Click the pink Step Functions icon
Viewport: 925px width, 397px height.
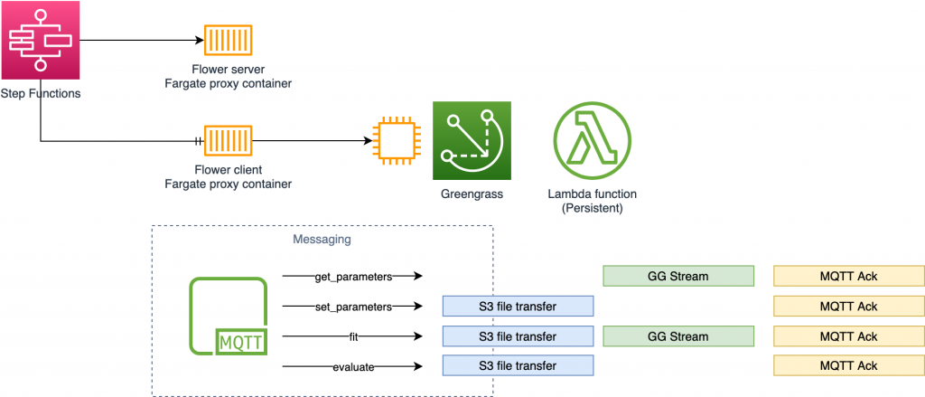[x=41, y=40]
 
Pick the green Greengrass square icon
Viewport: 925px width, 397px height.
[x=472, y=140]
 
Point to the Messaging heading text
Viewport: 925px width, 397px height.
[x=322, y=240]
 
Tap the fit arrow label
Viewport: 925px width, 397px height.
[x=353, y=336]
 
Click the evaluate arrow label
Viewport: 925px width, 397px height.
[x=352, y=366]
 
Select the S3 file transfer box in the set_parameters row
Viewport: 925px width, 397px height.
[x=517, y=307]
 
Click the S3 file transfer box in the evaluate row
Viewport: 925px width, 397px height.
[x=517, y=365]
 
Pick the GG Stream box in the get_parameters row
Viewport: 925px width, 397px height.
[x=678, y=276]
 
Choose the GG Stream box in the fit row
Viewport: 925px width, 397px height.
[x=678, y=336]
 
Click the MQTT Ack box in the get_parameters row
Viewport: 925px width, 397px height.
[x=848, y=276]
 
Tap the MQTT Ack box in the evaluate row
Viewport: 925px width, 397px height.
[x=848, y=365]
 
